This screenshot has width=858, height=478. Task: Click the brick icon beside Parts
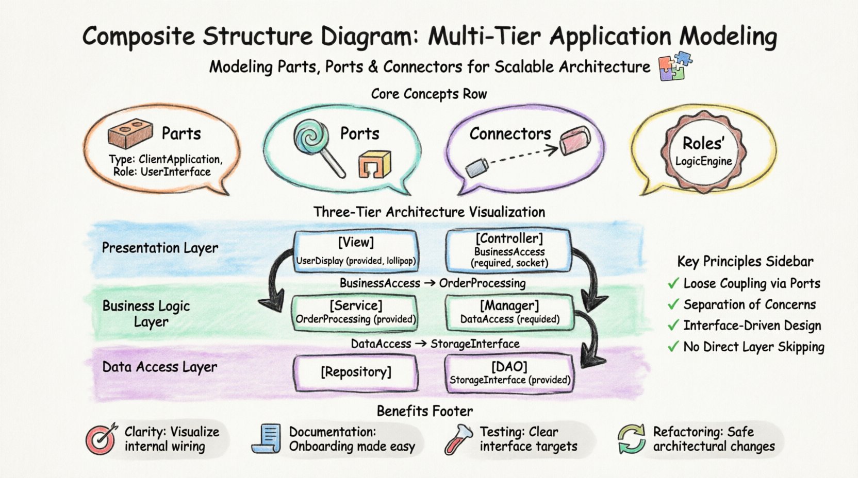coord(130,133)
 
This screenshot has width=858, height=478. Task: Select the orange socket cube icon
coord(375,164)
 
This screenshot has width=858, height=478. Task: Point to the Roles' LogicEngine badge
coord(703,151)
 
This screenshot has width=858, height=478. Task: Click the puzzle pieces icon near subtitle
coord(675,66)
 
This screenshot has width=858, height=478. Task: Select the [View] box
coord(355,251)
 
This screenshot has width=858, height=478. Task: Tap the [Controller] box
coord(509,251)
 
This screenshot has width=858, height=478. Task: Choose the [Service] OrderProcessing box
coord(355,312)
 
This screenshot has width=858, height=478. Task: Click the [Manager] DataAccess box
coord(509,312)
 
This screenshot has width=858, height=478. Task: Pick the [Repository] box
coord(355,372)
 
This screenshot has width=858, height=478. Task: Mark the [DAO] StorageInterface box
coord(509,373)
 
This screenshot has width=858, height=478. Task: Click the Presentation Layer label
coord(160,248)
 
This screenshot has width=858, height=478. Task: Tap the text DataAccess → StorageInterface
coord(435,344)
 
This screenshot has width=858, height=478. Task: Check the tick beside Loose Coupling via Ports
coord(672,283)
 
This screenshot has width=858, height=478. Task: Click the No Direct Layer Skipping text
coord(753,347)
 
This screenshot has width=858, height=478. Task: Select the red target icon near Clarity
coord(101,439)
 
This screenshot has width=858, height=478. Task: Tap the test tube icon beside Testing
coord(458,439)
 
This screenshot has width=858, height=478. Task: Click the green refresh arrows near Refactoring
coord(632,439)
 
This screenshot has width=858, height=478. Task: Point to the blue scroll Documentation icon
coord(267,439)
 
